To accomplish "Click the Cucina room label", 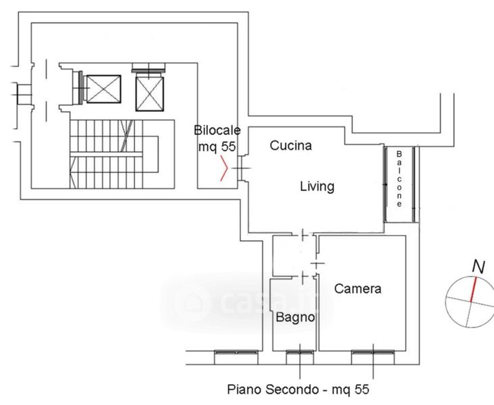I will point(290,145).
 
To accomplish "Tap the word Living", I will point(317,186).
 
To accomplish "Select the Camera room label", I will point(358,288).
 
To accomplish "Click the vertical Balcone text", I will point(400,180).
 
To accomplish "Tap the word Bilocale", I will point(215,130).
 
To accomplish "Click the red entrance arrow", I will point(221,169).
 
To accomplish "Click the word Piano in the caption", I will point(242,389).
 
